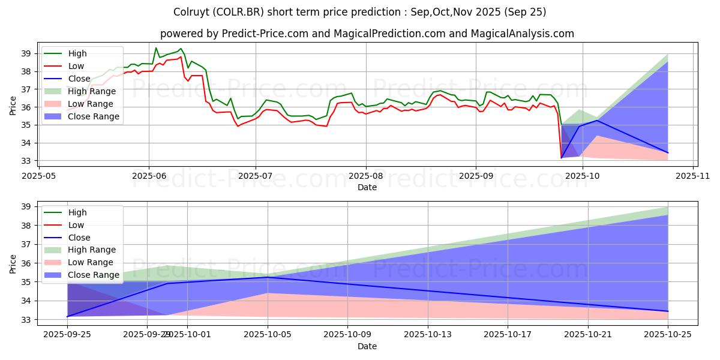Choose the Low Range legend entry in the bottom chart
click(91, 262)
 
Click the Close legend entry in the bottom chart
click(80, 237)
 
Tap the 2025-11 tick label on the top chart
click(693, 176)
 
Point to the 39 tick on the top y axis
click(27, 53)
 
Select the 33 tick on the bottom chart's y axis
click(27, 320)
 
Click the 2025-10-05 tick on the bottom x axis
click(268, 335)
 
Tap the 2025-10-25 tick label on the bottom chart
click(668, 335)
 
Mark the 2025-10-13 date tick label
click(428, 335)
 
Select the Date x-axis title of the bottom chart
click(367, 346)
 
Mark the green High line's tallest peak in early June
click(156, 48)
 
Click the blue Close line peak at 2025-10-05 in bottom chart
click(268, 277)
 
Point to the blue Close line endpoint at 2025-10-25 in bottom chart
click(668, 311)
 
